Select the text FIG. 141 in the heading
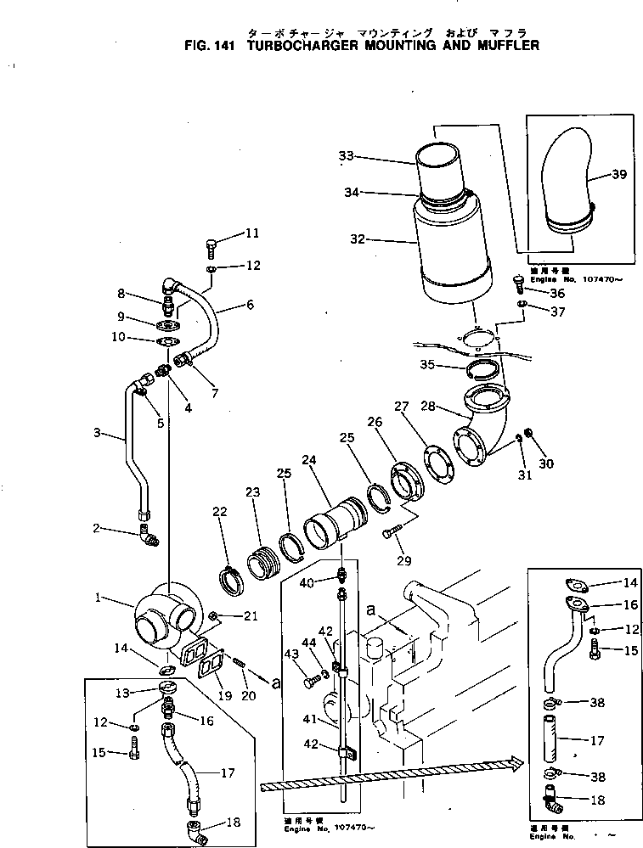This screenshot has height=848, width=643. coord(212,46)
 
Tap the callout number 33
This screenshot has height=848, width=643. coord(346,156)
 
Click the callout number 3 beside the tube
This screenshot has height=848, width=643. coord(99,433)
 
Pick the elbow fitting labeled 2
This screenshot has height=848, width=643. coord(148,536)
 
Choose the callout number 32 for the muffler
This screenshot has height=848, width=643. coord(357,240)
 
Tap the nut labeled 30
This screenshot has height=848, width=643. coord(530,435)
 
